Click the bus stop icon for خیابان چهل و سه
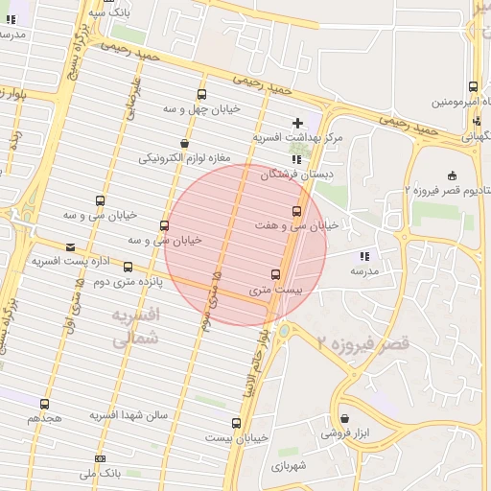201,94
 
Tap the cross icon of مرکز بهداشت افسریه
298,123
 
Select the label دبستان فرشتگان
304,175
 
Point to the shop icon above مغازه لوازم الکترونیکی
186,143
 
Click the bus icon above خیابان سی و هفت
295,211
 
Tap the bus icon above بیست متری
276,274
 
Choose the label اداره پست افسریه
58,260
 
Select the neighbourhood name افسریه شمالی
134,327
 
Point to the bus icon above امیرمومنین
474,86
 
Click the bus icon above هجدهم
44,404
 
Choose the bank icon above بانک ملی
100,459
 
